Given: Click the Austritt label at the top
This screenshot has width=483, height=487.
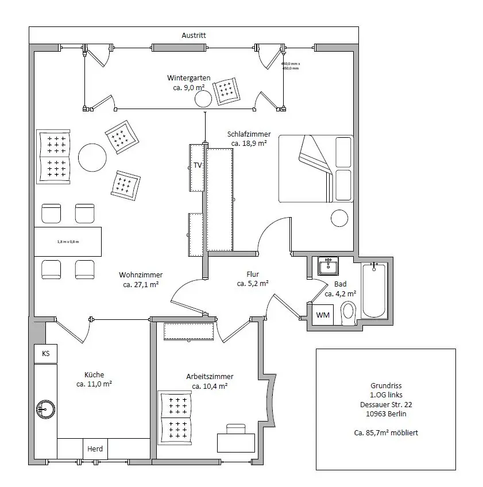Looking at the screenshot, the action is (194, 36).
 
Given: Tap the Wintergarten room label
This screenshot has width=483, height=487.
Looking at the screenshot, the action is (188, 78).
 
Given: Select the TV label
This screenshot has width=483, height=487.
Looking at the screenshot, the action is (198, 165).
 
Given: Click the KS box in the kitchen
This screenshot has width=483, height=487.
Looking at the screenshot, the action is (45, 354).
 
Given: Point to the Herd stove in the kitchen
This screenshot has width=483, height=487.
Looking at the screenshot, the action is (95, 449).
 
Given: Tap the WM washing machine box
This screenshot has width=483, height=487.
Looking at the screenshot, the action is (323, 315).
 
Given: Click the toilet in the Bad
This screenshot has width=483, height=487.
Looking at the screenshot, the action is (349, 314).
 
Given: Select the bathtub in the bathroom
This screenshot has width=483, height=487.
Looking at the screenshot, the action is (374, 289).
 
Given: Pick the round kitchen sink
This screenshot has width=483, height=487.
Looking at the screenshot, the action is (46, 408).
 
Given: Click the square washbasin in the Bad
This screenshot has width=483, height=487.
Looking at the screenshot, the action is (329, 266).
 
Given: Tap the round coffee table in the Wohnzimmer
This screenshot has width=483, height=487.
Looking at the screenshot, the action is (92, 157).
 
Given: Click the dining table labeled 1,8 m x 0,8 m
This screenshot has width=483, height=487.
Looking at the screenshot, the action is (68, 242).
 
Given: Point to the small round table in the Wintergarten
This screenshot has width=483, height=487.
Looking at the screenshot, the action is (203, 99).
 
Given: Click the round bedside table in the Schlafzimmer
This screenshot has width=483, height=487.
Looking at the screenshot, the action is (339, 218).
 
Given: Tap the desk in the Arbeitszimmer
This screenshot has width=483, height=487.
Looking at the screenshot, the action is (235, 442).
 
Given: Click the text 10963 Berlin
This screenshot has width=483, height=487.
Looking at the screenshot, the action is (385, 413).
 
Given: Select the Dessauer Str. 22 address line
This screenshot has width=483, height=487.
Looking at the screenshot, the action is (385, 404).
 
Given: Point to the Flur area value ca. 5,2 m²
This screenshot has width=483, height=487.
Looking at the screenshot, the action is (253, 283).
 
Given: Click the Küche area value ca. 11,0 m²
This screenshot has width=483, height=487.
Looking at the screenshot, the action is (94, 384).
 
